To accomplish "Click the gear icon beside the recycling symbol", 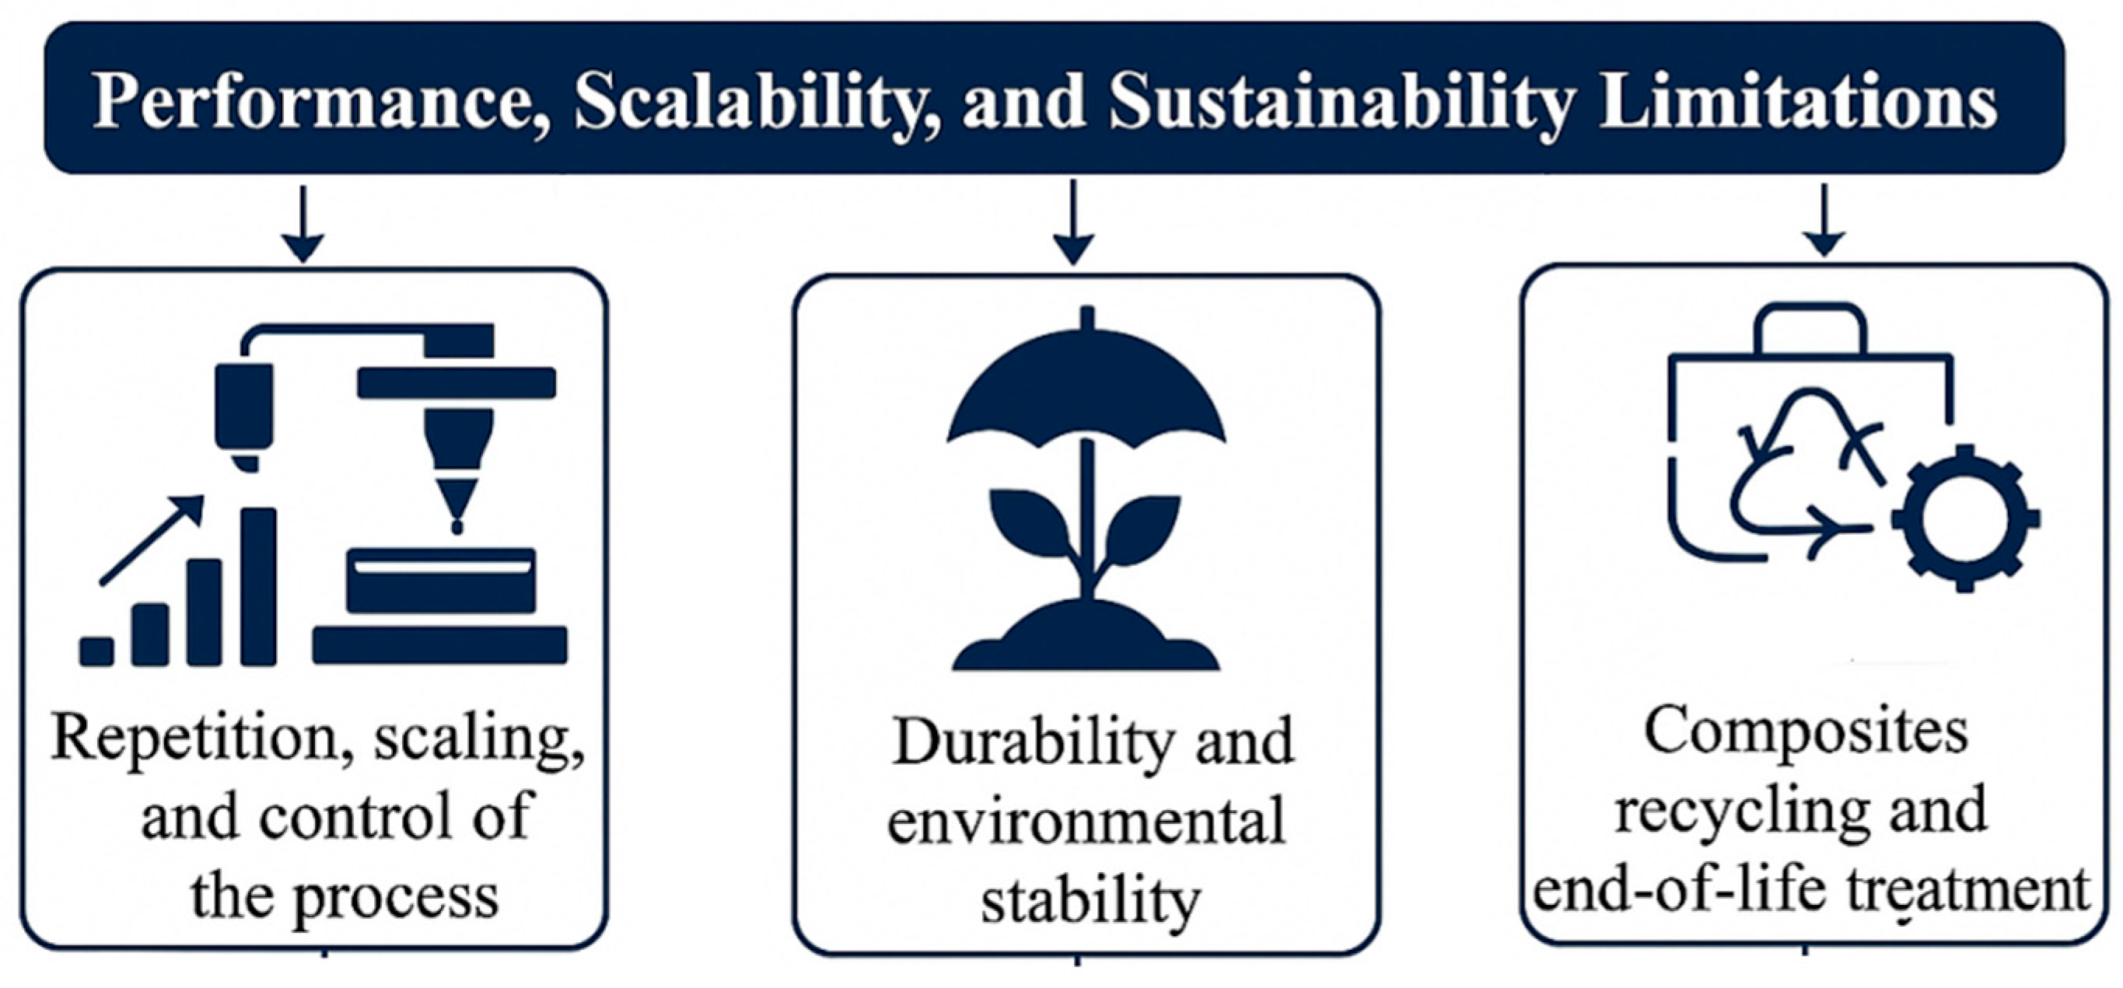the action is point(1965,519).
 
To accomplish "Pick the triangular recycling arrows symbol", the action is point(1805,478).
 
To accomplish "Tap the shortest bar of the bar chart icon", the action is point(97,651).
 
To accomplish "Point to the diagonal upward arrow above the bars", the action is point(152,539).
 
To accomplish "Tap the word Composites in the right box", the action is point(1806,731).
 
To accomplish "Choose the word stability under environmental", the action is point(1089,902).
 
